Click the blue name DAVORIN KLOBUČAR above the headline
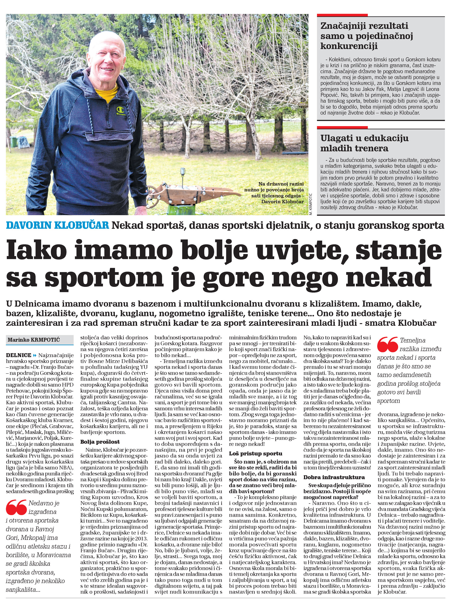pos(57,225)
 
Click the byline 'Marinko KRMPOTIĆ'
pos(34,340)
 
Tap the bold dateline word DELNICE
pos(19,355)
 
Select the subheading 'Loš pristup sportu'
pos(255,453)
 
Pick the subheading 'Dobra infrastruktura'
pos(334,477)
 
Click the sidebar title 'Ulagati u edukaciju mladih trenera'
pos(364,143)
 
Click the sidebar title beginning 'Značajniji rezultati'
pos(367,36)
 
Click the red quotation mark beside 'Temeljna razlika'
pos(387,345)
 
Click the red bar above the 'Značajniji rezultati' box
pos(342,15)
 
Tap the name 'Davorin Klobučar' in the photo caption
pos(282,202)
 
